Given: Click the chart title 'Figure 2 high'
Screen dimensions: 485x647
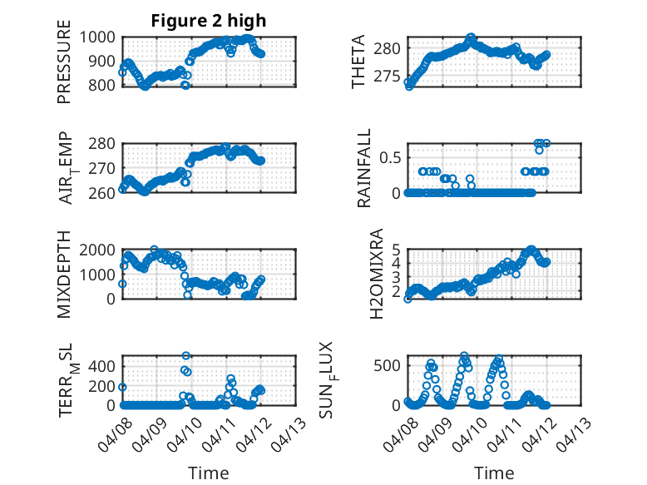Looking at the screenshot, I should [208, 21].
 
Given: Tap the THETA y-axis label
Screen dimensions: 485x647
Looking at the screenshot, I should [358, 62].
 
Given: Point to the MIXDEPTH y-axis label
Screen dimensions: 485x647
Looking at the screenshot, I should [65, 275].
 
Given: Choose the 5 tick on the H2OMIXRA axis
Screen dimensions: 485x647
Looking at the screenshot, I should [397, 249].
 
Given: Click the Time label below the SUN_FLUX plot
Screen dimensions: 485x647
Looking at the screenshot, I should [493, 473].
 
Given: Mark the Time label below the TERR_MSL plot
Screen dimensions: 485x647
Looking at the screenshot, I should [209, 473].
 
